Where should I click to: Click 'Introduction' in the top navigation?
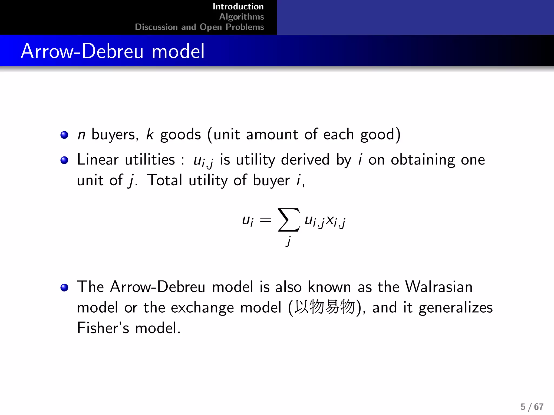pyautogui.click(x=238, y=6)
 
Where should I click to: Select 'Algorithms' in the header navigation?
pyautogui.click(x=241, y=17)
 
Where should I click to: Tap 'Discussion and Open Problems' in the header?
pyautogui.click(x=199, y=27)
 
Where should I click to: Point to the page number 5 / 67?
pyautogui.click(x=532, y=407)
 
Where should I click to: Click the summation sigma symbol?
pyautogui.click(x=289, y=220)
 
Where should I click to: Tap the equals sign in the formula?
pyautogui.click(x=265, y=220)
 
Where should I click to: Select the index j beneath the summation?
pyautogui.click(x=288, y=240)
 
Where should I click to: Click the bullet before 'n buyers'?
pyautogui.click(x=64, y=135)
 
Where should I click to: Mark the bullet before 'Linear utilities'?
pyautogui.click(x=64, y=160)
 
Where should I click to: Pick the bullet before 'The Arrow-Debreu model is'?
pyautogui.click(x=64, y=287)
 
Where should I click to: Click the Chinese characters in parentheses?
pyautogui.click(x=325, y=307)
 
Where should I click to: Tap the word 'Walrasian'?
pyautogui.click(x=439, y=287)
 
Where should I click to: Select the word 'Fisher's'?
pyautogui.click(x=103, y=328)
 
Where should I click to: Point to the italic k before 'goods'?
pyautogui.click(x=150, y=134)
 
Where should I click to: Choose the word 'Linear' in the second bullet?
pyautogui.click(x=98, y=159)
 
